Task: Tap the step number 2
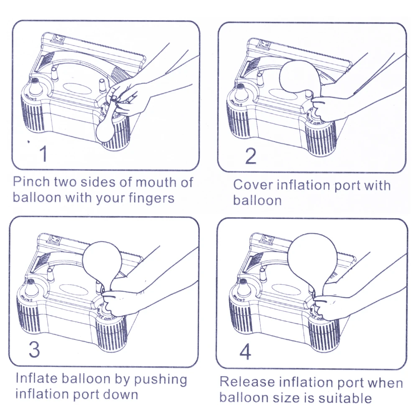(x=250, y=156)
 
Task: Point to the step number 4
(x=245, y=352)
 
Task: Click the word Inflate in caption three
(x=37, y=379)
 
